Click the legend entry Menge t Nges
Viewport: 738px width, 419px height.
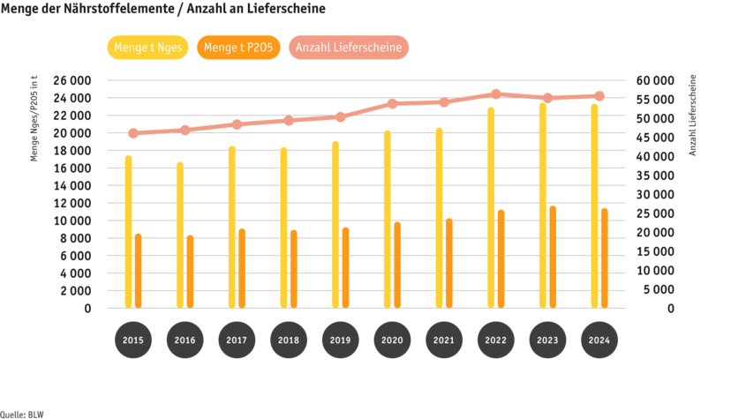pos(147,48)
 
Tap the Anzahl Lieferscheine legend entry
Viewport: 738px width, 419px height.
pos(350,48)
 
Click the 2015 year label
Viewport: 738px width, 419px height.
pos(132,340)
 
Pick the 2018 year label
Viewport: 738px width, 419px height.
pos(288,340)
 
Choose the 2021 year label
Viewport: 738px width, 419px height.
pos(443,340)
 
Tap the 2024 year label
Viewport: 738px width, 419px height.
pos(599,340)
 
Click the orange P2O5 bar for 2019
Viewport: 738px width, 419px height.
pos(345,268)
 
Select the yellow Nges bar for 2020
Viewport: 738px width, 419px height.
pos(388,220)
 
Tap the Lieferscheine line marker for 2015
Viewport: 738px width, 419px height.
pos(132,133)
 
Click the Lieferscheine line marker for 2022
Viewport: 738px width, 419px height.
pos(495,94)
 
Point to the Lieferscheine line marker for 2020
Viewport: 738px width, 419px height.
pos(392,104)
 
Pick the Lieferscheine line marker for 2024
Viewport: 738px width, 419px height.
pos(599,95)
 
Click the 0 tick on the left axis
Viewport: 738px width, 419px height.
pos(87,309)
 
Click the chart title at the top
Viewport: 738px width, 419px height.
pos(163,9)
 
